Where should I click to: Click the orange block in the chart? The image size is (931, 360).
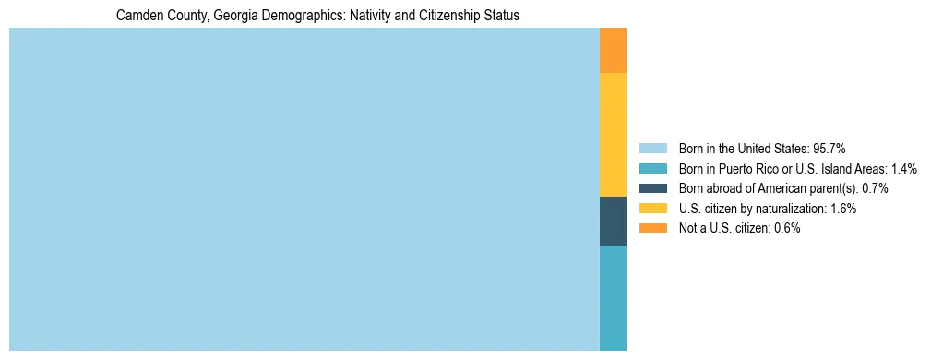pyautogui.click(x=613, y=51)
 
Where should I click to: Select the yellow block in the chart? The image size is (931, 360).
pyautogui.click(x=613, y=135)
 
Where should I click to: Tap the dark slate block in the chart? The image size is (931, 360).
pyautogui.click(x=613, y=221)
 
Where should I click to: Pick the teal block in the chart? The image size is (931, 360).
pyautogui.click(x=613, y=297)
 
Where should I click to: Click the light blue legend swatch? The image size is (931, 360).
pyautogui.click(x=652, y=149)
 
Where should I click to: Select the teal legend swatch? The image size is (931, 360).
pyautogui.click(x=652, y=169)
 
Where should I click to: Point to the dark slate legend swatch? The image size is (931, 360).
pyautogui.click(x=652, y=188)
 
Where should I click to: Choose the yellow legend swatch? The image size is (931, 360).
pyautogui.click(x=652, y=209)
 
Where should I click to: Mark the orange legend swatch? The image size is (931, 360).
pyautogui.click(x=652, y=228)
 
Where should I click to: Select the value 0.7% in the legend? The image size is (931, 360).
pyautogui.click(x=875, y=188)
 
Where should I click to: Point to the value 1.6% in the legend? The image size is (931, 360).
pyautogui.click(x=843, y=209)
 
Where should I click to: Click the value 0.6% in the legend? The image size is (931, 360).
pyautogui.click(x=787, y=228)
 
